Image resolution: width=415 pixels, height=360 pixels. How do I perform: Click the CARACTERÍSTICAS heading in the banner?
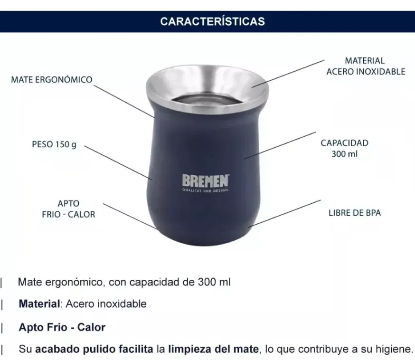click(212, 21)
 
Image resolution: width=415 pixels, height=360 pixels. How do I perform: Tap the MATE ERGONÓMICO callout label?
click(52, 79)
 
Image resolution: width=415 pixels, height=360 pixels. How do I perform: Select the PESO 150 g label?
click(54, 144)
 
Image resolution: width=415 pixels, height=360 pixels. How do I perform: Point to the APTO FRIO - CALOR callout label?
click(68, 209)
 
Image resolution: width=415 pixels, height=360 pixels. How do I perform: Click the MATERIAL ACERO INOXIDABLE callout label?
click(366, 66)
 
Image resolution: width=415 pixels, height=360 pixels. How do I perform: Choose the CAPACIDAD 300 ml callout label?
click(344, 148)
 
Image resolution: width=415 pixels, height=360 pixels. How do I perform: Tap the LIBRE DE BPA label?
click(355, 213)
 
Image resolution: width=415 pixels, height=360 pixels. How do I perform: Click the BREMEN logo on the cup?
click(206, 181)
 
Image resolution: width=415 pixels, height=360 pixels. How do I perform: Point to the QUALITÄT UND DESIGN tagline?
click(206, 190)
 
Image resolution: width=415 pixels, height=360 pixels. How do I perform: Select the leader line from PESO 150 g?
click(118, 162)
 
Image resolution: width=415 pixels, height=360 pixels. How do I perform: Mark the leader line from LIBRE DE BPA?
click(284, 214)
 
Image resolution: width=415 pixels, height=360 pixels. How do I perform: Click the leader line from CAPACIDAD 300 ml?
click(280, 145)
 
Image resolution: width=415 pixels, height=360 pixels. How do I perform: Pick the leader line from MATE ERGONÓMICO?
click(123, 101)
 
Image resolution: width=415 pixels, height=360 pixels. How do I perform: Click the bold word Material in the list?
click(39, 304)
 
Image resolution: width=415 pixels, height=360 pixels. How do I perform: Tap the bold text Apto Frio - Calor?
click(62, 327)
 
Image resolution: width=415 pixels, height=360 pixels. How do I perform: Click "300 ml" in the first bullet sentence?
click(214, 282)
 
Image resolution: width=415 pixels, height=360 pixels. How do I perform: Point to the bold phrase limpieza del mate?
click(213, 350)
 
